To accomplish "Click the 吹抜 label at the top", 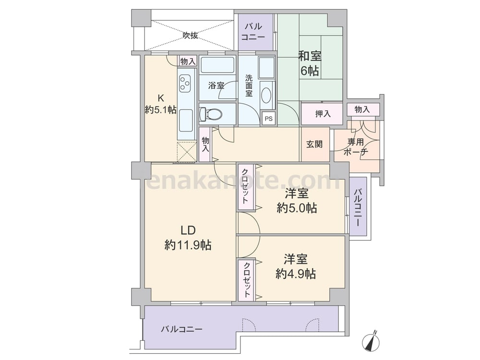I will tap(190, 35).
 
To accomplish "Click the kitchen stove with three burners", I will tap(185, 84).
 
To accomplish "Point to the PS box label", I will tap(268, 118).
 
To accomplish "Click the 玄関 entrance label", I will tap(314, 144).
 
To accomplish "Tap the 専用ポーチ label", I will tap(356, 147).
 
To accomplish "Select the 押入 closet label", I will tap(322, 114).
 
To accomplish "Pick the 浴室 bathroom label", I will tap(216, 85).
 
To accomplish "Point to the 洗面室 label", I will tap(249, 85).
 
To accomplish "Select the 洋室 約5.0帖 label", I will tap(296, 201).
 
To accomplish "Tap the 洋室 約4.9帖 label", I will tap(296, 266).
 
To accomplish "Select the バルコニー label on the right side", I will tap(358, 207).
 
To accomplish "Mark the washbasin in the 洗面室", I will tap(266, 94).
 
